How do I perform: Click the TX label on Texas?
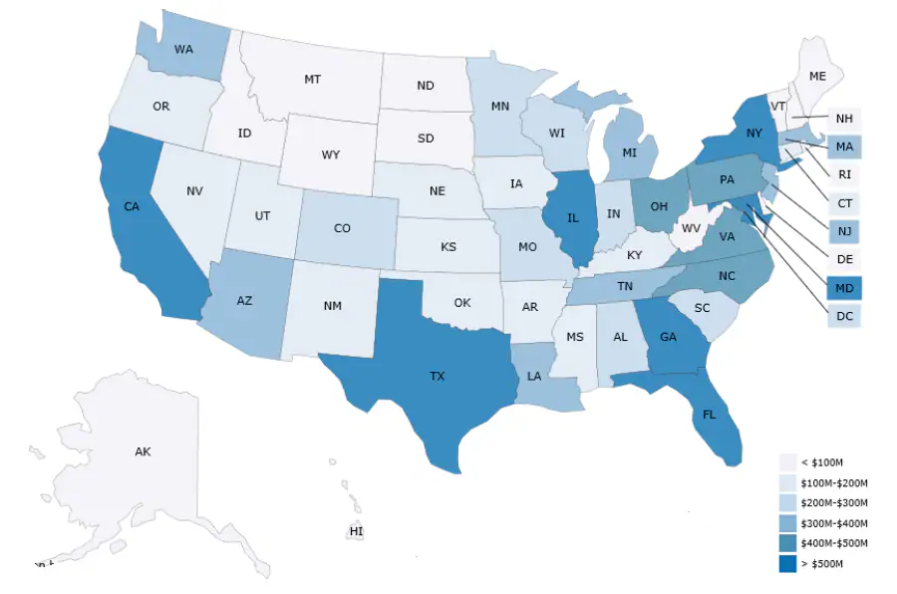pyautogui.click(x=438, y=377)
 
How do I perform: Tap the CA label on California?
pyautogui.click(x=131, y=206)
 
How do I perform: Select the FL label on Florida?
pyautogui.click(x=709, y=414)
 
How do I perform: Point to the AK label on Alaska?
pyautogui.click(x=143, y=451)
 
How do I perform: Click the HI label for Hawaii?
pyautogui.click(x=356, y=531)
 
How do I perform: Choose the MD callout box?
pyautogui.click(x=844, y=288)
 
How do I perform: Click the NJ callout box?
pyautogui.click(x=844, y=232)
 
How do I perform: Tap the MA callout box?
pyautogui.click(x=844, y=148)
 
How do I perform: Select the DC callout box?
pyautogui.click(x=844, y=316)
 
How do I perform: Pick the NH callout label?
pyautogui.click(x=844, y=119)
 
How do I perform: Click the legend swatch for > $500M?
pyautogui.click(x=788, y=565)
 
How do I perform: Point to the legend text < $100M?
pyautogui.click(x=822, y=461)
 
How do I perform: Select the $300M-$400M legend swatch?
pyautogui.click(x=788, y=523)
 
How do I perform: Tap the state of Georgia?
pyautogui.click(x=666, y=339)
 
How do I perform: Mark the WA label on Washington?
pyautogui.click(x=183, y=49)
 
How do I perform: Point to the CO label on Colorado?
pyautogui.click(x=342, y=228)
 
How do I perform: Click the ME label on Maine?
pyautogui.click(x=817, y=76)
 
